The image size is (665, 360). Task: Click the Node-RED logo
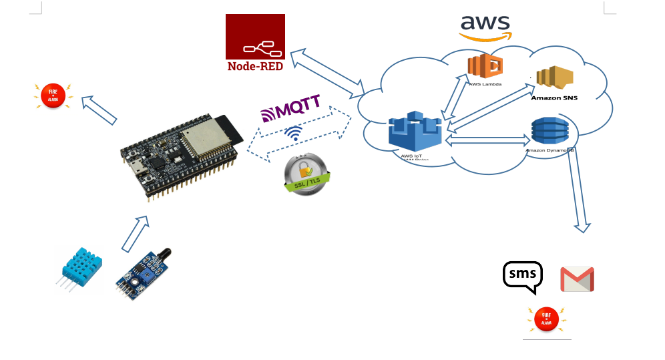pos(255,43)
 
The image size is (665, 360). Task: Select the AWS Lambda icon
pos(485,67)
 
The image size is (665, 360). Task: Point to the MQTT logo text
pos(290,109)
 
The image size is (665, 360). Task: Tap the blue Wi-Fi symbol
pos(293,133)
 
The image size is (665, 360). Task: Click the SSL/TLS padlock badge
pos(306,174)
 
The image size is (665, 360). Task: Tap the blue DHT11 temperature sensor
pos(80,267)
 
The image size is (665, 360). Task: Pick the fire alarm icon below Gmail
pos(547,319)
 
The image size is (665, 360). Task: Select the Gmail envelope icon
pos(577,279)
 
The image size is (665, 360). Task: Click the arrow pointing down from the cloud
pos(578,194)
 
